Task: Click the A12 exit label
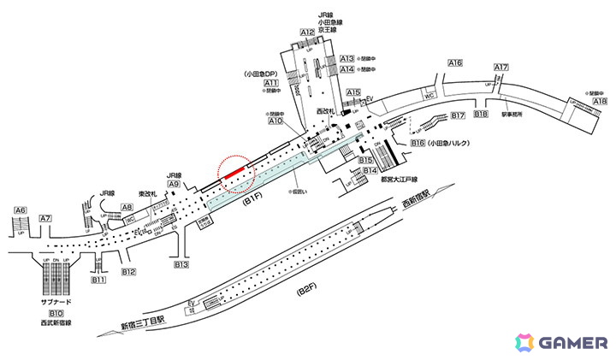click(x=308, y=32)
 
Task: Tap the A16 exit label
click(x=455, y=64)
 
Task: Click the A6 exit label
click(x=20, y=210)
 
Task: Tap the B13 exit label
click(x=181, y=265)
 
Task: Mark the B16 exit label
click(x=418, y=144)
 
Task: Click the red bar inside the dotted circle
click(x=237, y=172)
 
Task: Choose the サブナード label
click(x=56, y=303)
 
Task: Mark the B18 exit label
click(x=481, y=115)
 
